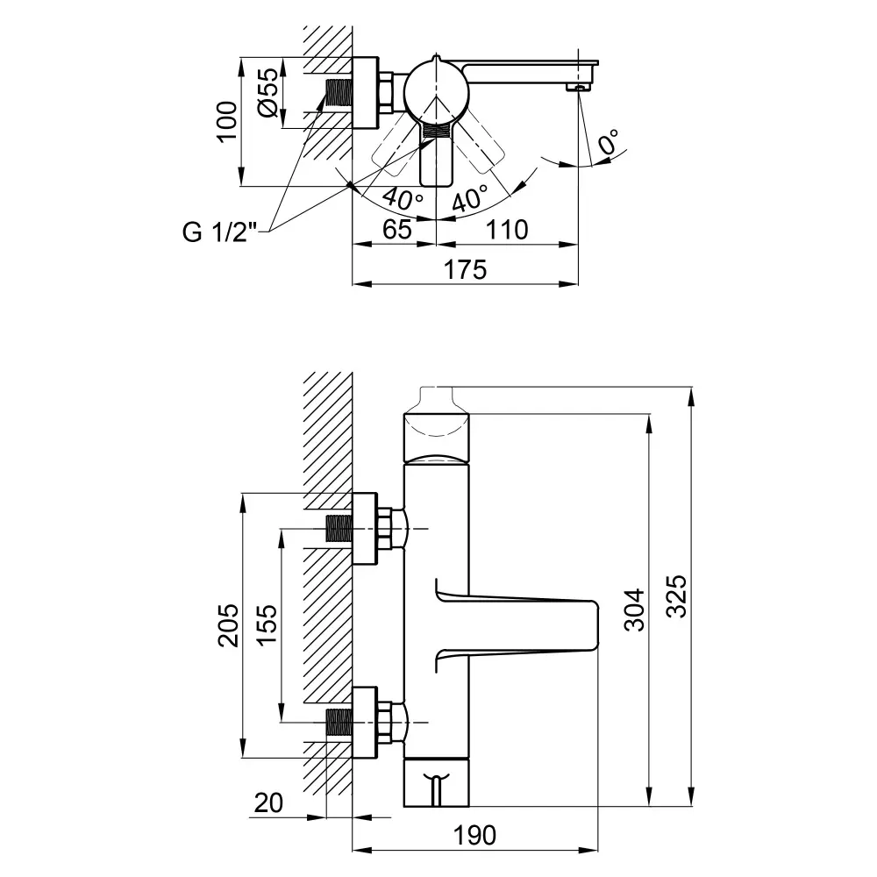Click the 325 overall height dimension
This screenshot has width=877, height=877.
point(678,596)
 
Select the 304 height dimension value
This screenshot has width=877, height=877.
point(634,610)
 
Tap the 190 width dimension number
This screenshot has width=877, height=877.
point(474,835)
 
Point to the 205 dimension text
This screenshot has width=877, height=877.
point(228,625)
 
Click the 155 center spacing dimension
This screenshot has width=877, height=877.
point(267,624)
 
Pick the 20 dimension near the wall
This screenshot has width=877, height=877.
point(268,803)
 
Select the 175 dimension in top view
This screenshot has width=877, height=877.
point(466,269)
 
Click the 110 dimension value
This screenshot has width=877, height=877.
point(507,229)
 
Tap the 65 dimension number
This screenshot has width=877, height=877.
point(397,229)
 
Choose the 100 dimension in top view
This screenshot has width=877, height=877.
point(226,122)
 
